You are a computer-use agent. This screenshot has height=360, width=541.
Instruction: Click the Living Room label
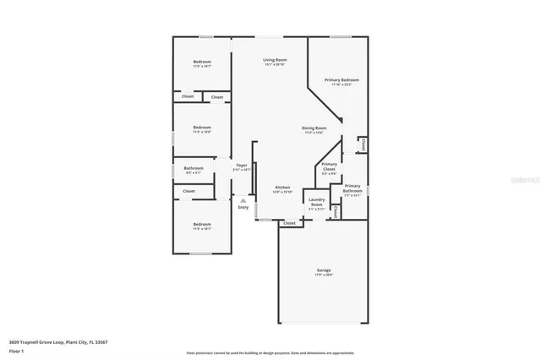coord(275,60)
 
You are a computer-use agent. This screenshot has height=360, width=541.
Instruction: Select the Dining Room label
coord(314,128)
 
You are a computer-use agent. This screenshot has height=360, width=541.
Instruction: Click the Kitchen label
coord(282,188)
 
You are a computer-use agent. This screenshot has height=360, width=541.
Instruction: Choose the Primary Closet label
coord(330,166)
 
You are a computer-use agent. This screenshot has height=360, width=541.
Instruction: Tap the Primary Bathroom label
coord(352,188)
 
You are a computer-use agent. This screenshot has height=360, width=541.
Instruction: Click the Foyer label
coord(242,165)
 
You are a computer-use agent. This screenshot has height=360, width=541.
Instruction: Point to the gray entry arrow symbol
coord(243,200)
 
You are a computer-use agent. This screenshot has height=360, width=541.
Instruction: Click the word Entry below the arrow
coord(243,207)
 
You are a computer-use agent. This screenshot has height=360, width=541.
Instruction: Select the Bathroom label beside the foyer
coord(194,168)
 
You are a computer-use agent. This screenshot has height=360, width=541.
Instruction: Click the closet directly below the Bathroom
coord(189,192)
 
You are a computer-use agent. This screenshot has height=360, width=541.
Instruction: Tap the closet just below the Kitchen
coord(290,223)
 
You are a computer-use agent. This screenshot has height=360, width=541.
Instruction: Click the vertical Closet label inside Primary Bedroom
coord(363,145)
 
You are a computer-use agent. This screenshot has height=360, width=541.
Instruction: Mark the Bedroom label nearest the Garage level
coord(202,225)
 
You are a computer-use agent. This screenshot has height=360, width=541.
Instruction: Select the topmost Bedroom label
coord(202,62)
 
